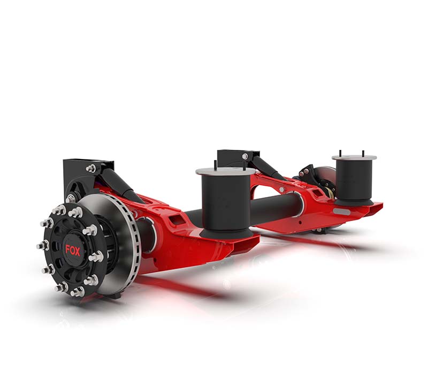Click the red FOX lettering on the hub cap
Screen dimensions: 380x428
(x=73, y=250)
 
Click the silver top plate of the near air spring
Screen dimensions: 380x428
(x=225, y=171)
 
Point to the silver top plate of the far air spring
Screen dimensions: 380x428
(x=354, y=157)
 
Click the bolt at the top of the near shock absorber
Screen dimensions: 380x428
(x=92, y=169)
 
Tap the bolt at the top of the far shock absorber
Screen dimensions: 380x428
(x=244, y=156)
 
